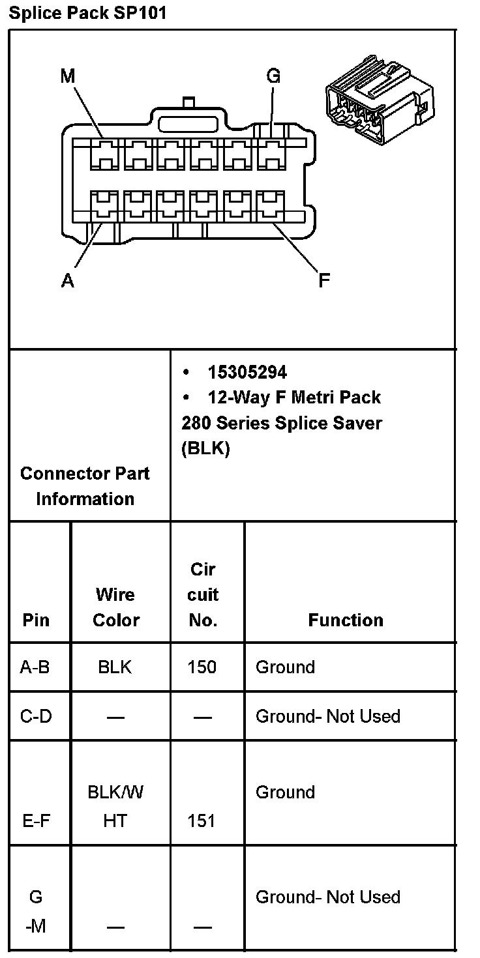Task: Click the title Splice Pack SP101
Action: click(87, 13)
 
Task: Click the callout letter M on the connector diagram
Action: click(68, 77)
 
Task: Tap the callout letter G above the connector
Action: click(273, 76)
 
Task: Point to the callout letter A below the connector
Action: click(68, 281)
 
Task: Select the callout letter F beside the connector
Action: click(323, 281)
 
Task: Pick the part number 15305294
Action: click(247, 372)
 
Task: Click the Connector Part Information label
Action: click(85, 486)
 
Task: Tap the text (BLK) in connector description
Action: click(205, 449)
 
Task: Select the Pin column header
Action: click(36, 620)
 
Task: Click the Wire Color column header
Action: click(116, 607)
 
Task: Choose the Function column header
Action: click(346, 620)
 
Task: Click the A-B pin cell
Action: click(35, 667)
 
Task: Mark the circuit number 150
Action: click(202, 667)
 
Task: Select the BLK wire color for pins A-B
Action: click(115, 667)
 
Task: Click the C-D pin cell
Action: click(36, 716)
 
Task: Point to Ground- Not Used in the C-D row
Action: click(327, 716)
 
